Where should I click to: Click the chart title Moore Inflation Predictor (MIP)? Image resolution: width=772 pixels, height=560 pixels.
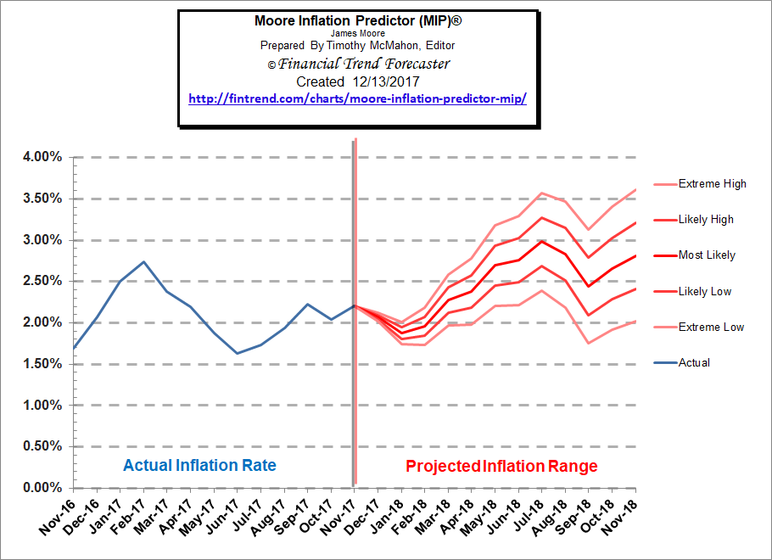(x=358, y=20)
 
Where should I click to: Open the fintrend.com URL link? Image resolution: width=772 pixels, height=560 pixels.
(x=358, y=98)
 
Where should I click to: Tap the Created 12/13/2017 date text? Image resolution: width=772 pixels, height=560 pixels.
(x=358, y=81)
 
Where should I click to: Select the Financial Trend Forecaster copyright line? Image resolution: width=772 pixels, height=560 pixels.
(x=358, y=64)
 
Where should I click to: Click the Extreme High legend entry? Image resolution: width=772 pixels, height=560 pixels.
(x=711, y=184)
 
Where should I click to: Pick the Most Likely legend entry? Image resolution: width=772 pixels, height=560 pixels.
(x=706, y=255)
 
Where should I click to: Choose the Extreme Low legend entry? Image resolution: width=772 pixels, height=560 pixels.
(x=710, y=327)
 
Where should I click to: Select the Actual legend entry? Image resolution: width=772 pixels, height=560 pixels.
(x=693, y=362)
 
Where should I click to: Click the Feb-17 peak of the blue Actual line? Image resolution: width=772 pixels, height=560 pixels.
(x=144, y=261)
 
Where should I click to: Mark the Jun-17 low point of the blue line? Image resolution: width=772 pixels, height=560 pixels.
(x=238, y=353)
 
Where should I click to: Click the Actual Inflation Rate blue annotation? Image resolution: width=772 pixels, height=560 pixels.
(x=199, y=466)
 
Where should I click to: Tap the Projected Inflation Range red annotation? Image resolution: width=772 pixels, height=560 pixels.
(x=501, y=466)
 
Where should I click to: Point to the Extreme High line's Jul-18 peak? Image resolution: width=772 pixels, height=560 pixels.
(x=541, y=193)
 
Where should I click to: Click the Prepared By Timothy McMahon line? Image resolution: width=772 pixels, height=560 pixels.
(x=358, y=44)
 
